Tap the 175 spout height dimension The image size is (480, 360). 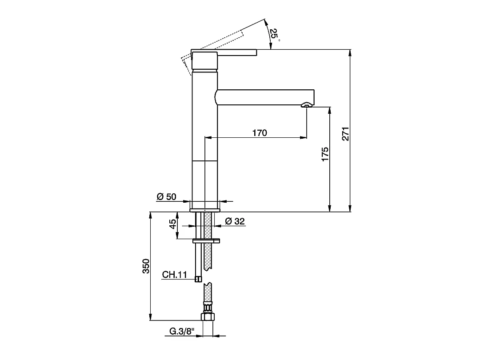325,154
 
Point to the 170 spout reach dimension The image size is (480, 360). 260,132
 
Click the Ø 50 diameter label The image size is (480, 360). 167,196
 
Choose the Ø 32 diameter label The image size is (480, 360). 235,221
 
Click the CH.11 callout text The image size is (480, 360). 174,275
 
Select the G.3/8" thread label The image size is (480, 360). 182,331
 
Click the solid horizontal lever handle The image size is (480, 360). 236,52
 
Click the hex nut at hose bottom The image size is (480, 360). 208,317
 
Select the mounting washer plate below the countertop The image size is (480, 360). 206,241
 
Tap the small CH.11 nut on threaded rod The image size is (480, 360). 198,279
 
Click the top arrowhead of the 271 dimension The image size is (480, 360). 350,53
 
